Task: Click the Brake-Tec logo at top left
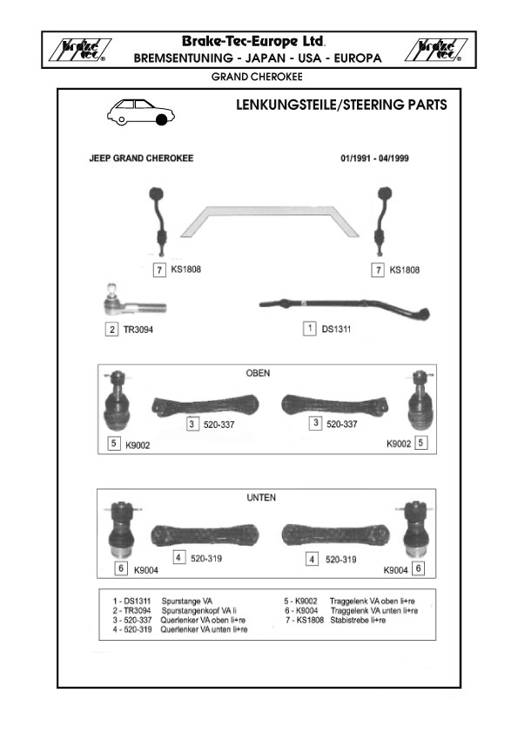[80, 50]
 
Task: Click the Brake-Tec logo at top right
[435, 50]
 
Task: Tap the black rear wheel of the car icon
[162, 119]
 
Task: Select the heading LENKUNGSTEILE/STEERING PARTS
[341, 105]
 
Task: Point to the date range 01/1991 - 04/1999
[374, 159]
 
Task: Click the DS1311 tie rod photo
[345, 306]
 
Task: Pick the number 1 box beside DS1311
[309, 328]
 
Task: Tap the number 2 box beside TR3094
[111, 330]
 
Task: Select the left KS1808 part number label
[186, 269]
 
